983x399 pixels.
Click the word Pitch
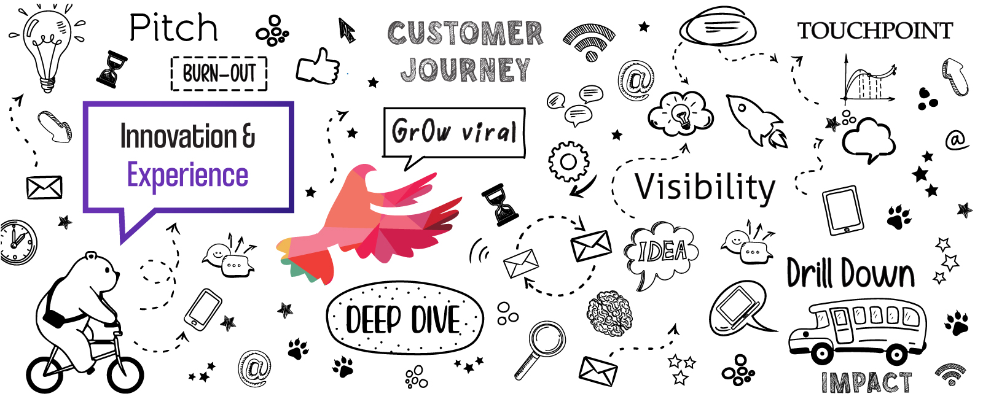pos(174,28)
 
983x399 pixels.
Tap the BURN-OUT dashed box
pos(219,74)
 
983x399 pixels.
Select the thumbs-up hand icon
pos(318,66)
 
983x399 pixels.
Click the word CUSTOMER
pos(465,33)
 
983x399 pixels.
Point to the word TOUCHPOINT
pos(875,31)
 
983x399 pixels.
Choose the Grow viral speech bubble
pos(454,131)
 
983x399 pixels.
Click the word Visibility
pos(705,187)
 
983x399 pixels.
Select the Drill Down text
pos(850,273)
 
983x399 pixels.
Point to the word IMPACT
pos(866,382)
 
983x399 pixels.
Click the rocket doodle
pos(756,120)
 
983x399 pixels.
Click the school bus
pos(858,331)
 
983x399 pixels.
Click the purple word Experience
pos(187,176)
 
